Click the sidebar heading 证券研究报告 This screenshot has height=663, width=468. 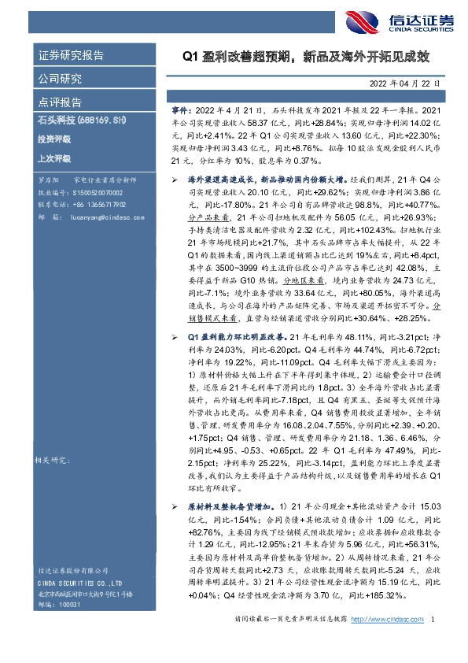pos(71,56)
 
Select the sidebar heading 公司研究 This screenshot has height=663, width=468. pos(60,79)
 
